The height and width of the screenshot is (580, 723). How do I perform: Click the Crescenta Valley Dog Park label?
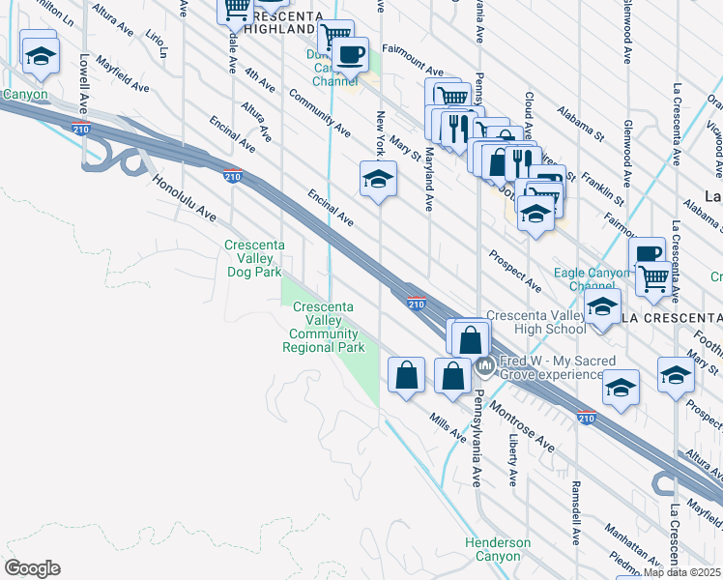[x=253, y=259]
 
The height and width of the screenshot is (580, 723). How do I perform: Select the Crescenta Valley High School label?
[x=537, y=322]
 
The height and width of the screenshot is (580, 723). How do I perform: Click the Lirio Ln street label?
[x=156, y=44]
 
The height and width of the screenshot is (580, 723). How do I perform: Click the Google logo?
[x=32, y=568]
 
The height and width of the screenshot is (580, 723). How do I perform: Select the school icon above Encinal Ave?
[x=379, y=179]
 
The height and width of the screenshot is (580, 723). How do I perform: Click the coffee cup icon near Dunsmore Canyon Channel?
[x=352, y=53]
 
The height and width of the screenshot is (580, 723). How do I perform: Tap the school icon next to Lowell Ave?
[x=40, y=56]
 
